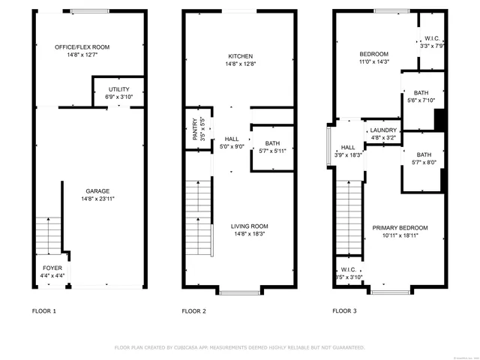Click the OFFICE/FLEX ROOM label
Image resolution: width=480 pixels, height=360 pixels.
pos(82,47)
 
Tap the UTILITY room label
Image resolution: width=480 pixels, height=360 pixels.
pos(118,89)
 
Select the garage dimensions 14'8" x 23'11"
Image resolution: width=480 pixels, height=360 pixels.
pos(97,199)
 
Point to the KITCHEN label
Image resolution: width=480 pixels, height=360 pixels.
pos(241,56)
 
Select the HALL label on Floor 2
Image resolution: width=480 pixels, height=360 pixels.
pos(232,139)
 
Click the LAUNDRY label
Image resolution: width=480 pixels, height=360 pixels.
pos(383,130)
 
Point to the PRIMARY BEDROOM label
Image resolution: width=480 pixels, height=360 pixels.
pos(400,228)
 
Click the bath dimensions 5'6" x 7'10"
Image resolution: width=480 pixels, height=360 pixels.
pos(420,100)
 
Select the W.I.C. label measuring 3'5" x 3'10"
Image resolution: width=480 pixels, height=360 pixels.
pos(348,269)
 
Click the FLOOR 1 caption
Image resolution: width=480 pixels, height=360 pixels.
pos(43,310)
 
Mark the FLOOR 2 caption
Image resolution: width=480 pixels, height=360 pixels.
pos(193,310)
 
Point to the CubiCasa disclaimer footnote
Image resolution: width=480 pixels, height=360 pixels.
pos(239,347)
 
